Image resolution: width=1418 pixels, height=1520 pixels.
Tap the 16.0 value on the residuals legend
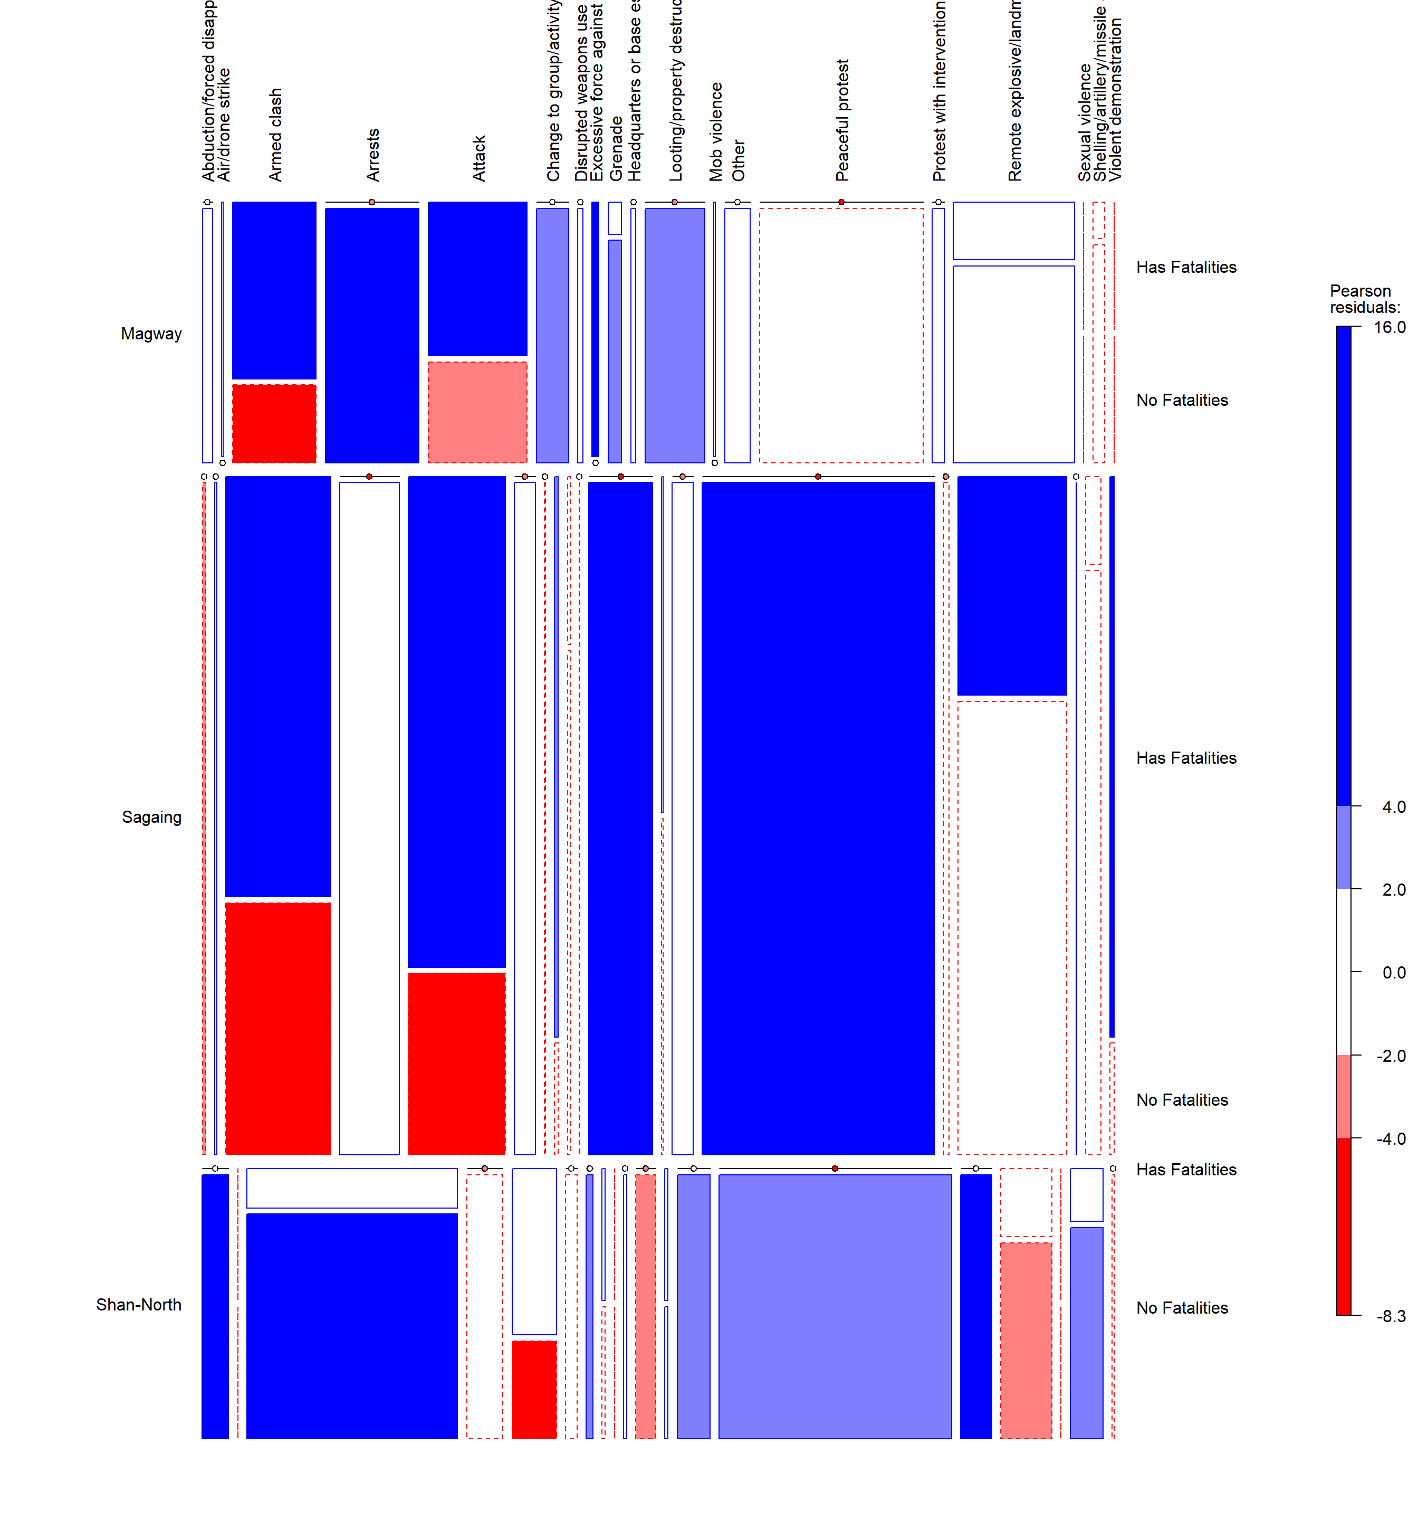click(x=1389, y=327)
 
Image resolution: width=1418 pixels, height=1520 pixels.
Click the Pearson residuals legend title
click(x=1365, y=299)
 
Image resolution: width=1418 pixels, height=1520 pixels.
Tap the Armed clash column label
click(x=275, y=135)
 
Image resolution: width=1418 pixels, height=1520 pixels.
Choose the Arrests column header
click(x=372, y=155)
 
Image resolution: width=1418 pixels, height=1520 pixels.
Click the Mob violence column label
click(x=715, y=131)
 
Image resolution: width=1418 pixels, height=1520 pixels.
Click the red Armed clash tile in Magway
click(x=274, y=423)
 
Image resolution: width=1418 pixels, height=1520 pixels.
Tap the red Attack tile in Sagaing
click(x=456, y=1063)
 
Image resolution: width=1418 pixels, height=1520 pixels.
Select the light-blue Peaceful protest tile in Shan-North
click(x=835, y=1306)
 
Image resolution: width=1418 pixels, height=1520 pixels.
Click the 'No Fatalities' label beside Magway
click(x=1181, y=401)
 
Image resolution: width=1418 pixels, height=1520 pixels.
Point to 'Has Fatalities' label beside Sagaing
click(x=1185, y=758)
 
